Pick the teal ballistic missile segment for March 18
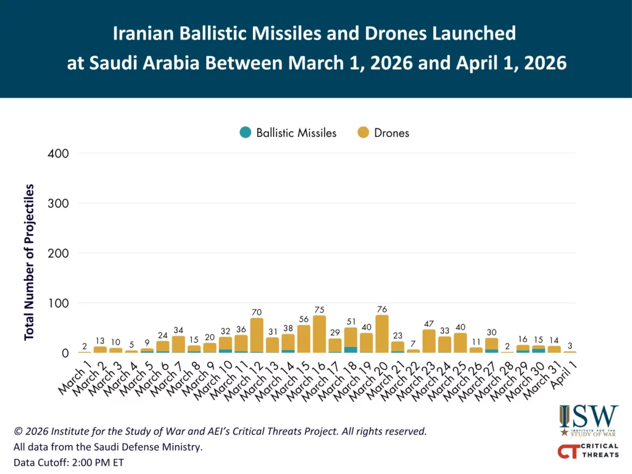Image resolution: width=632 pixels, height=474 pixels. click(351, 350)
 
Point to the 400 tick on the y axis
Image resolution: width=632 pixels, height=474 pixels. click(58, 153)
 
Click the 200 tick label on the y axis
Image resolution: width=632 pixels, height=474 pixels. click(58, 253)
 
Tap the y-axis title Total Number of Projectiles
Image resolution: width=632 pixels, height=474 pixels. click(29, 262)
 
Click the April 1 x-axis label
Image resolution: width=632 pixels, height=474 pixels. click(565, 375)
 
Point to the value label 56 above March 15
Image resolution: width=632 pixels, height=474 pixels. click(304, 320)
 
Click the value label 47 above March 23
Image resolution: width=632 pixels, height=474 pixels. click(428, 324)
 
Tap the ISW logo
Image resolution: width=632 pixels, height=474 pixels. click(588, 420)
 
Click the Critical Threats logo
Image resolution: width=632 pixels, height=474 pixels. click(588, 451)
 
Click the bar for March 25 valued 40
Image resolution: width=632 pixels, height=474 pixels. click(460, 343)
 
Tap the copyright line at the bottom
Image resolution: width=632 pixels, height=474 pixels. click(219, 431)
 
